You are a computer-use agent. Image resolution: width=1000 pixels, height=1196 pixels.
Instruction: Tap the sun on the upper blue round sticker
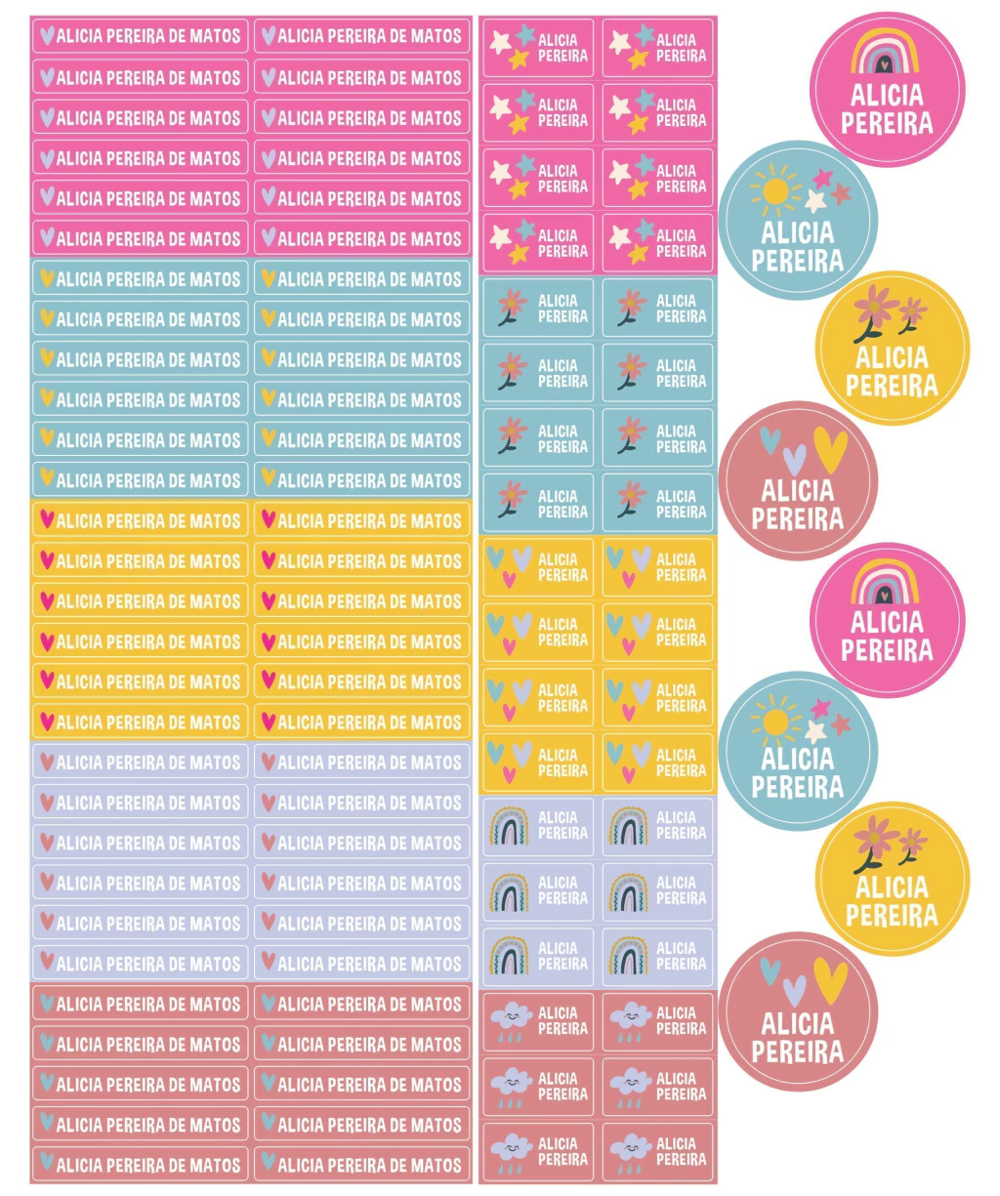pyautogui.click(x=774, y=190)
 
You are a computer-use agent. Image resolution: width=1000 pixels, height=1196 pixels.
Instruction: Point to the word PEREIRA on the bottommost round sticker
pyautogui.click(x=797, y=1052)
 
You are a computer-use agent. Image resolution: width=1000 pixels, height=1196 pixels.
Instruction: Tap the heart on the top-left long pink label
pyautogui.click(x=46, y=36)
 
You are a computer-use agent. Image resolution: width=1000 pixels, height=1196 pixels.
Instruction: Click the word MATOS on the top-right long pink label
pyautogui.click(x=436, y=36)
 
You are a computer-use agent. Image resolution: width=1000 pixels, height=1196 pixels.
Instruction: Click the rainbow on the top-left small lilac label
pyautogui.click(x=508, y=826)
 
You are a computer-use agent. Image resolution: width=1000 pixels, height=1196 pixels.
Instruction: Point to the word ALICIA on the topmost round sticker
pyautogui.click(x=887, y=95)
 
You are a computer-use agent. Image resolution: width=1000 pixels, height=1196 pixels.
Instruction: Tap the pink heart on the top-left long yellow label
pyautogui.click(x=46, y=519)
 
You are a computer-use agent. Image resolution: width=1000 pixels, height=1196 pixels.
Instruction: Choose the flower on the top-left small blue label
pyautogui.click(x=511, y=305)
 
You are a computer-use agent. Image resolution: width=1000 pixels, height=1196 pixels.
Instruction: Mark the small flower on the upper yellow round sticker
pyautogui.click(x=912, y=312)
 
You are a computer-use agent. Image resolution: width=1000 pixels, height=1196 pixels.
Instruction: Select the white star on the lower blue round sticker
pyautogui.click(x=815, y=728)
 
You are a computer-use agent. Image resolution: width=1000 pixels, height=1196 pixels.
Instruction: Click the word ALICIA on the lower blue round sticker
pyautogui.click(x=797, y=759)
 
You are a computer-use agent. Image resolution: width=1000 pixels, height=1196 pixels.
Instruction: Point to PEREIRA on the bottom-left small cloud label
pyautogui.click(x=562, y=1159)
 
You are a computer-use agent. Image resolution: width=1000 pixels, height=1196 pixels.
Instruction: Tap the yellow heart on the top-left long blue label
pyautogui.click(x=46, y=278)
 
